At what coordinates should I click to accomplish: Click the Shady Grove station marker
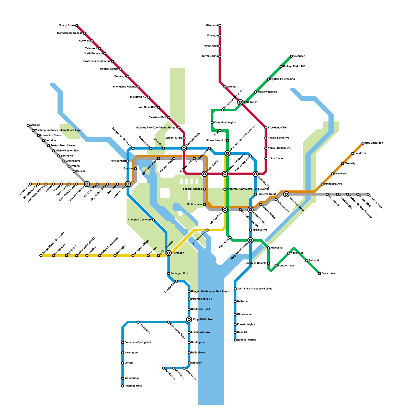tap(77, 26)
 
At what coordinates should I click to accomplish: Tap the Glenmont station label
tap(212, 26)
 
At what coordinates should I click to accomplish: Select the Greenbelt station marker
tap(291, 56)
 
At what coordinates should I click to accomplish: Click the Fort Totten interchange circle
tap(240, 102)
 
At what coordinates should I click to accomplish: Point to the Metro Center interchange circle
tap(204, 174)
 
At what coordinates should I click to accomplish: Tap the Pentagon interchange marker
tap(169, 253)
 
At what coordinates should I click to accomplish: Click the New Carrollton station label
tap(374, 143)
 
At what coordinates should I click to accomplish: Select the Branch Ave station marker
tap(320, 274)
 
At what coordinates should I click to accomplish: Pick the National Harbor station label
tap(247, 340)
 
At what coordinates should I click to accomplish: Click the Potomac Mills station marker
tap(123, 386)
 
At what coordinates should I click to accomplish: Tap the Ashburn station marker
tap(28, 125)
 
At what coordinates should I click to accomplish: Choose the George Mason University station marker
tap(41, 256)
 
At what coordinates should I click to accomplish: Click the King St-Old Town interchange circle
tap(189, 320)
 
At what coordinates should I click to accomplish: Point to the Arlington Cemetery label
tap(140, 220)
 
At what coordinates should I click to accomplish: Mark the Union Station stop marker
tap(266, 158)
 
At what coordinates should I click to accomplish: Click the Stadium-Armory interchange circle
tap(286, 194)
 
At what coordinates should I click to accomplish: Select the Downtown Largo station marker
tap(368, 195)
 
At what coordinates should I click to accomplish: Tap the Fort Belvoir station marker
tap(164, 368)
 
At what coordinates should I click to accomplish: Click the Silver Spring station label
tap(210, 56)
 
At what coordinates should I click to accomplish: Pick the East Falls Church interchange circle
tap(87, 184)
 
